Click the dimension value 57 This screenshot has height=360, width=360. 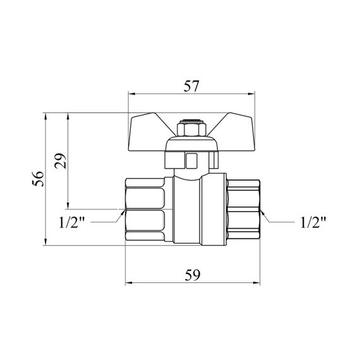(191, 86)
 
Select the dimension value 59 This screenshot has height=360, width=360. (193, 275)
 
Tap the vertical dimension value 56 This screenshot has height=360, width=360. (38, 178)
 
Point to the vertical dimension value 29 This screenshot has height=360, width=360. (61, 160)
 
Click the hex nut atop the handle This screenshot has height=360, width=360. (191, 129)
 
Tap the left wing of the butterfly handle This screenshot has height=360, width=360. (147, 133)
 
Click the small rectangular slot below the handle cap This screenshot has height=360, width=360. (191, 160)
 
